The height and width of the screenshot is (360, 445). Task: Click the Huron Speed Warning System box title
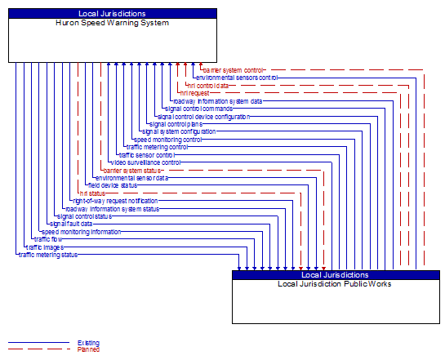pos(113,23)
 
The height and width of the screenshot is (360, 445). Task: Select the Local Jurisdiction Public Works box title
pos(335,284)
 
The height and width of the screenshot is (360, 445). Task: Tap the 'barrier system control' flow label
pos(234,70)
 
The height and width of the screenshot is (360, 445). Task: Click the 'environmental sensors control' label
pos(237,78)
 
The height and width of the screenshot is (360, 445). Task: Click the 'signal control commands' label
pos(198,109)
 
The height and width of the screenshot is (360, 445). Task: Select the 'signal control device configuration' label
pos(203,117)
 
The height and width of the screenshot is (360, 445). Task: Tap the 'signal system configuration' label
pos(179,131)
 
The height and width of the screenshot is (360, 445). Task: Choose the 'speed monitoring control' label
pos(167,140)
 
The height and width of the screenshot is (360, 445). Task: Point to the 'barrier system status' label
pos(133,170)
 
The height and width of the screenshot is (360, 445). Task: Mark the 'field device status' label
pos(113,185)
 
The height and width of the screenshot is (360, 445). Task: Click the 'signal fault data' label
pos(71,224)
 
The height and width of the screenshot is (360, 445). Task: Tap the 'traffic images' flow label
pos(44,247)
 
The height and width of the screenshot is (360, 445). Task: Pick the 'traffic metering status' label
pos(48,255)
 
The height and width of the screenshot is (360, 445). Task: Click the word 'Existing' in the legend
pos(88,343)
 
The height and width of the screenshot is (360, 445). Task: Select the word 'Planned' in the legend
pos(88,349)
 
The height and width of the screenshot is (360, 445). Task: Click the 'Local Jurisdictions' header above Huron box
pos(113,14)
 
